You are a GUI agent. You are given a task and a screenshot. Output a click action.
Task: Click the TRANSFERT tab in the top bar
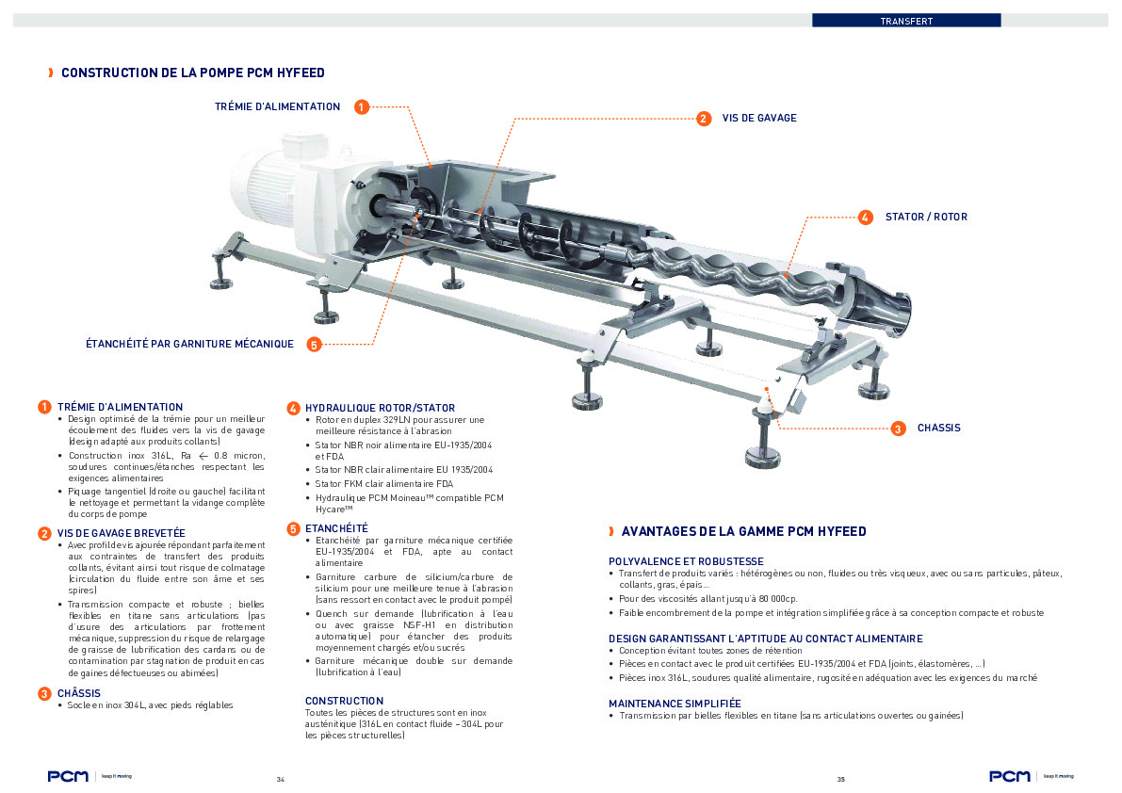905,20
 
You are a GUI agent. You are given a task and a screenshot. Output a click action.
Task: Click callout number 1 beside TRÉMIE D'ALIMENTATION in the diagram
362,107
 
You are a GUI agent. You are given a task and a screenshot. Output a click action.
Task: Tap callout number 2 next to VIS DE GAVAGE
703,119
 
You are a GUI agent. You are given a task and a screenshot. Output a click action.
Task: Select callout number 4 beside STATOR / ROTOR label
866,218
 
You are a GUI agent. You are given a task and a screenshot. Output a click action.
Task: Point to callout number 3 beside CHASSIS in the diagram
898,429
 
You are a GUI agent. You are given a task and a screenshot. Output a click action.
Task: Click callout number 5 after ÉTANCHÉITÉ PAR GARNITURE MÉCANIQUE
315,345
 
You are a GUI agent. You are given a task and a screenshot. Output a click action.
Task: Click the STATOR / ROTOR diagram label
925,218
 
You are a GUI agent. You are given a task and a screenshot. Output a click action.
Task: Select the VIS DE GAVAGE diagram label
758,119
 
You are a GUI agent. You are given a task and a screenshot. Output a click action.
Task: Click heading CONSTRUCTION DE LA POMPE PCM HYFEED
193,73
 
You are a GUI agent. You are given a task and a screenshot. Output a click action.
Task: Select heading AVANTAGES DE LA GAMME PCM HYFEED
743,532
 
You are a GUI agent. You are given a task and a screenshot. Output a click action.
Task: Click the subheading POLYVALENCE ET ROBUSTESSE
686,561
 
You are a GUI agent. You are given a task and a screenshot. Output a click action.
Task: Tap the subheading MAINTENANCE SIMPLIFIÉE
675,704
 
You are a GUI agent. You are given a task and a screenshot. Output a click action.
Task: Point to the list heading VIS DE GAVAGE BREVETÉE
121,533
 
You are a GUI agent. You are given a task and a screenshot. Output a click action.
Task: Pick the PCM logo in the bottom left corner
69,776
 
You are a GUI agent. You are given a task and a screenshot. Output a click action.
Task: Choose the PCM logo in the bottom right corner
1009,776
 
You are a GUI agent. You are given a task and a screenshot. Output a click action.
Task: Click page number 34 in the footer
280,780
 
